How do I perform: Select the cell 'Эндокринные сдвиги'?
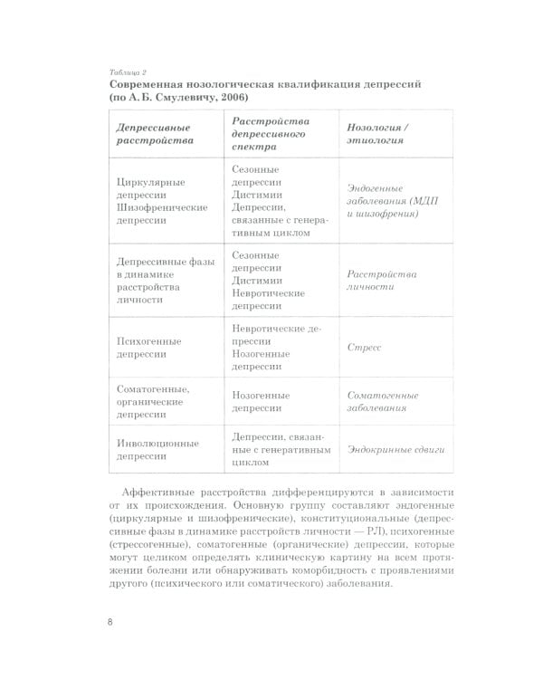click(395, 450)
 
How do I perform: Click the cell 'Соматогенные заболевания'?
click(383, 401)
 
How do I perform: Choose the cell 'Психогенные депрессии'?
click(149, 348)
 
